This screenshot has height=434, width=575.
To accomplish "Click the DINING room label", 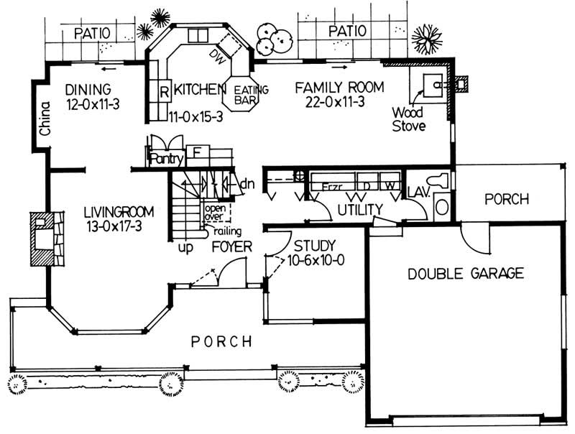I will coord(88,90).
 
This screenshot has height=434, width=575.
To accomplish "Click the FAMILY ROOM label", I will coord(340,88).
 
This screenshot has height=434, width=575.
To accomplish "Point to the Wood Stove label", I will coord(408,119).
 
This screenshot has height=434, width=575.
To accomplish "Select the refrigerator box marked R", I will coord(163,92).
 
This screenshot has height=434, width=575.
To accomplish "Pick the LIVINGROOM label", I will coord(120,212).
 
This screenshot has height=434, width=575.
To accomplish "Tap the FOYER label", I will coord(231,248).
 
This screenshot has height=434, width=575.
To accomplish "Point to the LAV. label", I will coord(418,192).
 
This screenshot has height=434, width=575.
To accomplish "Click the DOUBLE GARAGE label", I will coord(465,273).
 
